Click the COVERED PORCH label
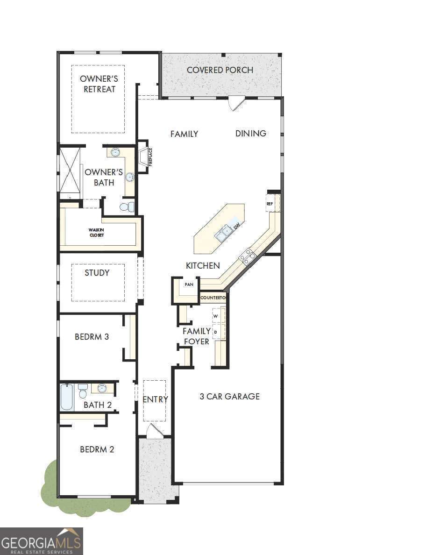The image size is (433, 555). coord(220,70)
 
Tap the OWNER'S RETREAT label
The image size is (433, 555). coord(99,84)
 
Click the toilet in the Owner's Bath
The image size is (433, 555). coord(126,206)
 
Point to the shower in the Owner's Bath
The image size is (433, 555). coord(70,170)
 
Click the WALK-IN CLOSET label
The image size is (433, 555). coord(97,232)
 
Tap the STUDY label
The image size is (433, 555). coord(97,273)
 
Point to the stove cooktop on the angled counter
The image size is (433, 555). coord(247,256)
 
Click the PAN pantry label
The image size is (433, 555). coord(189,284)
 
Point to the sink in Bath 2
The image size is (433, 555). coord(102,388)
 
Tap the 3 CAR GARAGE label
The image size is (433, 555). coord(229,397)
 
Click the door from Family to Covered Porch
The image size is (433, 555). coord(237,103)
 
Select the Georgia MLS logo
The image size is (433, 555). coord(42,541)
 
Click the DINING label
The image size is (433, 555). coord(251,134)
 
